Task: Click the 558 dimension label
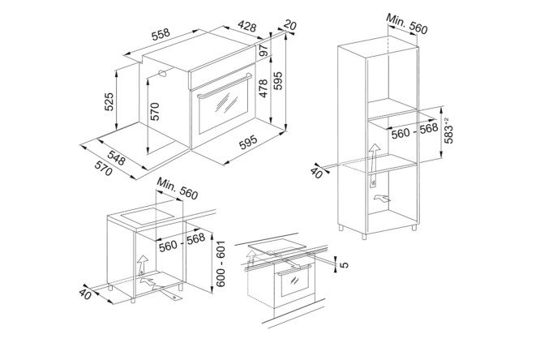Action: (161, 34)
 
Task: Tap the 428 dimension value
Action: (247, 26)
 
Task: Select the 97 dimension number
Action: (264, 50)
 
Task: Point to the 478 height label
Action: (264, 88)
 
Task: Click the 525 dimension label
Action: (109, 101)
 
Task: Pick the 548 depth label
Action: (116, 157)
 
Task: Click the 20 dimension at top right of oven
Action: (290, 25)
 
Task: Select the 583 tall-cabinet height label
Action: (448, 131)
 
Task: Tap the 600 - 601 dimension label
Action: (221, 264)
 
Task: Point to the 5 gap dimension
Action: (344, 264)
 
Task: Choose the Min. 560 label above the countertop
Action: (178, 189)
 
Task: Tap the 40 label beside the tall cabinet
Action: (316, 174)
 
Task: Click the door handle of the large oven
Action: (224, 85)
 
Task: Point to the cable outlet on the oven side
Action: (162, 73)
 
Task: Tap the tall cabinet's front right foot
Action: (364, 237)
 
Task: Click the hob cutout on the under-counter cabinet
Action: (148, 216)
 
